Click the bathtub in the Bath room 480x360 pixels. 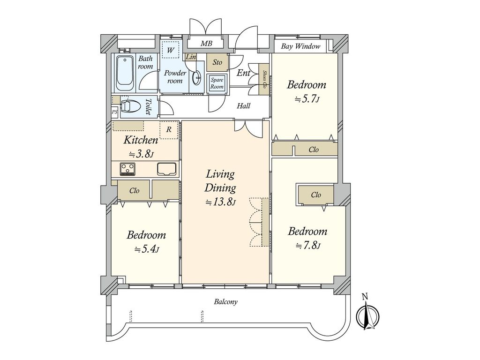125,73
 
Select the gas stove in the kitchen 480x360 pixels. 127,169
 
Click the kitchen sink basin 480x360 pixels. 166,169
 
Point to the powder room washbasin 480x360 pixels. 196,77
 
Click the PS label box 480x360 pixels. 114,112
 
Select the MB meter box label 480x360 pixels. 206,44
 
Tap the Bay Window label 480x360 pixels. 300,46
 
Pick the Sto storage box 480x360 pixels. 217,62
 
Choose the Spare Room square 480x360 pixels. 217,83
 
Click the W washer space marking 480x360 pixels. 171,50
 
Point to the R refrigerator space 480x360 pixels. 169,129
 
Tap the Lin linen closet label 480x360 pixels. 191,57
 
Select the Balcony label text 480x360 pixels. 225,302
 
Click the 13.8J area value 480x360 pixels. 220,202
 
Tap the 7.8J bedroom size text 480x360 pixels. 307,246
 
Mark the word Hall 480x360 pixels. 244,106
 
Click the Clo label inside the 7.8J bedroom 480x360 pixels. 316,195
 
